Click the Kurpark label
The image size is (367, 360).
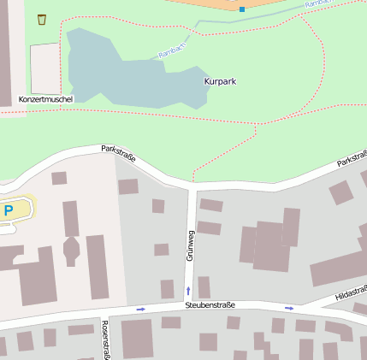pos(221,81)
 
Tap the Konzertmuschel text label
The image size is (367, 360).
pos(46,99)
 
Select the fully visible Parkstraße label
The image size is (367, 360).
pos(118,153)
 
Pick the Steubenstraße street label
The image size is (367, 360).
pos(210,304)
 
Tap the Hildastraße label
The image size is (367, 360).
pos(351,292)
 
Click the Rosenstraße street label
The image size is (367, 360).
pos(105,340)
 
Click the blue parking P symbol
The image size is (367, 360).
pos(9,210)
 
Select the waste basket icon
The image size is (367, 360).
pos(42,19)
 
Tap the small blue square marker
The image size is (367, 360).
pos(242,9)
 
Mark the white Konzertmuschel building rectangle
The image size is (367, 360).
pos(45,68)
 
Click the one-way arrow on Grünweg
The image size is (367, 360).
pos(188,292)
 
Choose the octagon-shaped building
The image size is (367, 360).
pos(71,251)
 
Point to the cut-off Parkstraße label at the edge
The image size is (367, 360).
pos(352,160)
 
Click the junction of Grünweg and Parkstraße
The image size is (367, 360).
pos(192,185)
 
